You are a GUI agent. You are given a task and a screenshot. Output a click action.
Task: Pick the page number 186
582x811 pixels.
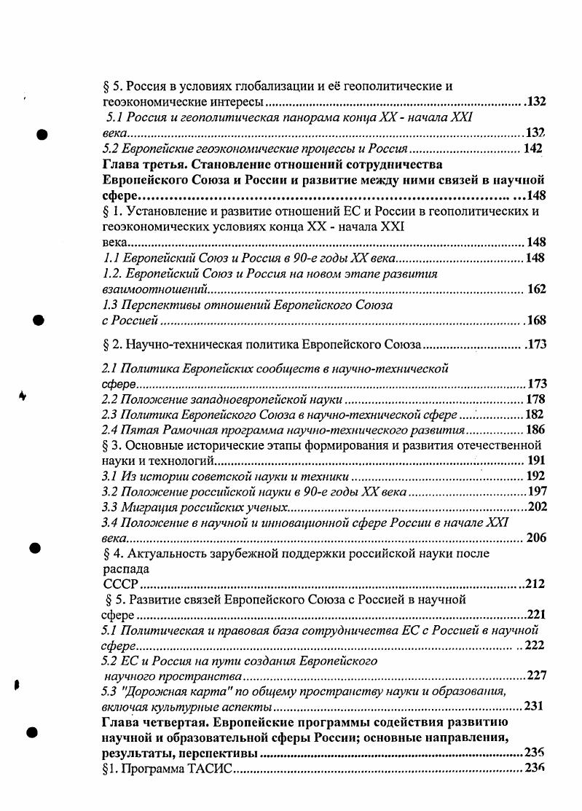point(535,430)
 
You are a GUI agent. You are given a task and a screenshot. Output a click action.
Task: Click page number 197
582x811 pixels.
point(537,491)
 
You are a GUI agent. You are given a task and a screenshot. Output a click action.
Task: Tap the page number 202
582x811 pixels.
point(537,507)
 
